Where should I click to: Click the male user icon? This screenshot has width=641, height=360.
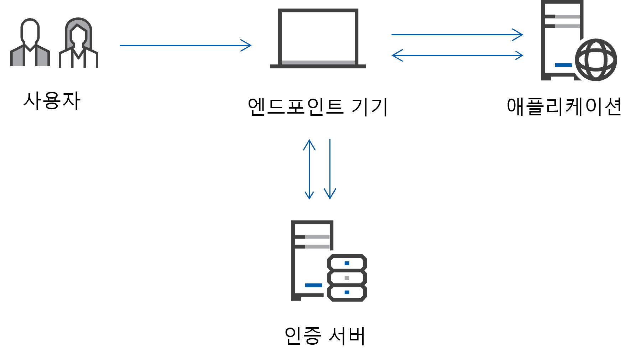coord(30,43)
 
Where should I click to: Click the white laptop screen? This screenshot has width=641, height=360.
coord(318,36)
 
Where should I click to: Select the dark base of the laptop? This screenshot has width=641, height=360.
coord(318,66)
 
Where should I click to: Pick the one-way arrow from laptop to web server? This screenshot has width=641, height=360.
coord(456,35)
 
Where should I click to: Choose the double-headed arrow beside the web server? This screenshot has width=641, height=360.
coord(457,55)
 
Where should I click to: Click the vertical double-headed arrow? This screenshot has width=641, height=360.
coord(309,169)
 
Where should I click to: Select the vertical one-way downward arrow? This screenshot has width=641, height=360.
coord(330,169)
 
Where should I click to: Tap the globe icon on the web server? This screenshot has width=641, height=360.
coord(596,60)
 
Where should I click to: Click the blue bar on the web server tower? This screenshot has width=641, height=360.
coord(563,65)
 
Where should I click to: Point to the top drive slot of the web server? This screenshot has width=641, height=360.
coord(563,16)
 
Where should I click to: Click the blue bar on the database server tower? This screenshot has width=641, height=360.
coord(313,285)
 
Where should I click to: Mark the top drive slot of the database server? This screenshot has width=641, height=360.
coord(313,237)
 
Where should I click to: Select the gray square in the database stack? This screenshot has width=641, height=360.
coord(347,278)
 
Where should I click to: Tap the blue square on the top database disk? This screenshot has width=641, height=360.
coord(347,263)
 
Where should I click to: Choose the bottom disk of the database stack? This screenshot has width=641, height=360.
coord(347,292)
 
